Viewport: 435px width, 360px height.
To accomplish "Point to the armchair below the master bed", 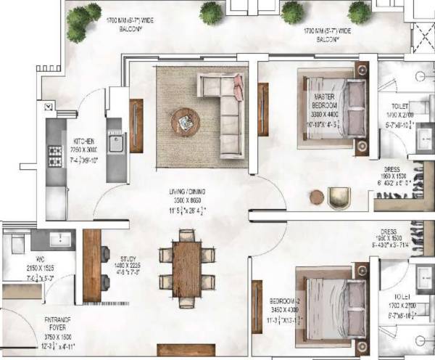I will click(339, 197).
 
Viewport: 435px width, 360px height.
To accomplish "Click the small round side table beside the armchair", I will click(317, 196).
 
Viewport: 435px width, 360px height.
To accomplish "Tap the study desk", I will click(91, 266).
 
